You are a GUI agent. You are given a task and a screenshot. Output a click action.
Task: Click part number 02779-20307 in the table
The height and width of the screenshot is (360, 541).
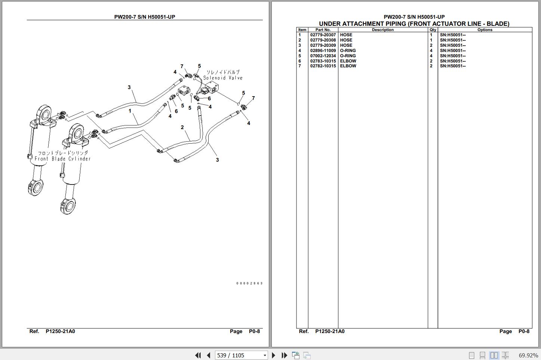[323, 35]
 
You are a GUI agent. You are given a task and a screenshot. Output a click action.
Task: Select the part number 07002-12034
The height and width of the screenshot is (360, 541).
[323, 56]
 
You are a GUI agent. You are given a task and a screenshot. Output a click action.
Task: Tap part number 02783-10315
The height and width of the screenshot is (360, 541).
[323, 61]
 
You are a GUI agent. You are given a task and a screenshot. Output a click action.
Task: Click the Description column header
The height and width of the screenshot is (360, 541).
[382, 30]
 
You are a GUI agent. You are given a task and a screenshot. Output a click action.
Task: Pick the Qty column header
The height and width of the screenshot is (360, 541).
[433, 30]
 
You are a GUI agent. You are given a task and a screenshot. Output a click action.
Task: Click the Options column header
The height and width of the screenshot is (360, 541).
[485, 30]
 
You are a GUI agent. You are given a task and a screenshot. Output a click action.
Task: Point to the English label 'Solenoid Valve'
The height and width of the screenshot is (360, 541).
[223, 78]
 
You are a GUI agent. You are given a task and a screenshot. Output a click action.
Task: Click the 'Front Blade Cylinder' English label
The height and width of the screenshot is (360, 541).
[62, 159]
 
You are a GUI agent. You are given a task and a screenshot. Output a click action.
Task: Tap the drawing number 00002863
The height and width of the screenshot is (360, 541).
[249, 283]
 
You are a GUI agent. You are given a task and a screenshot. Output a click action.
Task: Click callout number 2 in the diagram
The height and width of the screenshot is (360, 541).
[182, 127]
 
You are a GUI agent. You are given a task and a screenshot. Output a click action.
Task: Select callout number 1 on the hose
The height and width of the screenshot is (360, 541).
[130, 111]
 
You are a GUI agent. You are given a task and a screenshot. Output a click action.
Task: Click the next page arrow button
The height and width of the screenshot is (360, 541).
[273, 355]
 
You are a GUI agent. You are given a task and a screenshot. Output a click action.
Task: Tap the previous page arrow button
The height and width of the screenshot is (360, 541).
[209, 355]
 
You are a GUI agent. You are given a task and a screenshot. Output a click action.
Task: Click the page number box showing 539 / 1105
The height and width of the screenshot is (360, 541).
[241, 355]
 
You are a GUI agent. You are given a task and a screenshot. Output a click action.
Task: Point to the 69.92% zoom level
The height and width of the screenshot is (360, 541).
[528, 355]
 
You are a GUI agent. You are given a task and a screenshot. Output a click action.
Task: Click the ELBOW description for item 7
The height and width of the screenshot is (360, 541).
[348, 66]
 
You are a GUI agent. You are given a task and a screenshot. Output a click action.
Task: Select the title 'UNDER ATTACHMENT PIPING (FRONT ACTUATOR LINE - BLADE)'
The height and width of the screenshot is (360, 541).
[414, 24]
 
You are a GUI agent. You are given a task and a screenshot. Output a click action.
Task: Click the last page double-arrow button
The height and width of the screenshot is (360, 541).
[284, 355]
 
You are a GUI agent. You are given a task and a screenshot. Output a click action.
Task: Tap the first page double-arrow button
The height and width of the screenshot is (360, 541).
[198, 355]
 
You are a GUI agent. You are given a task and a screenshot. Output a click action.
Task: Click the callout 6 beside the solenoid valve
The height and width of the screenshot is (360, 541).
[209, 99]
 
